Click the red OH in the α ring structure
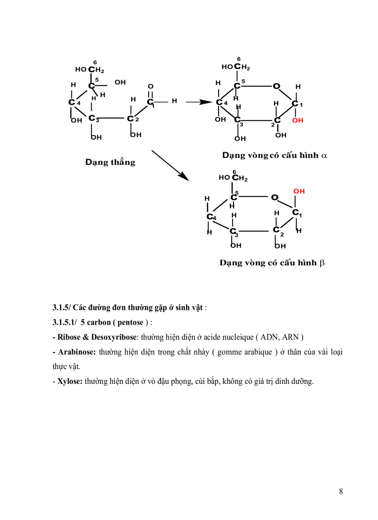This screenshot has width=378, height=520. click(x=298, y=120)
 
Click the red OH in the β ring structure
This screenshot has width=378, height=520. click(x=299, y=191)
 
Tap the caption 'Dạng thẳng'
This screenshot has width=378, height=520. click(x=110, y=162)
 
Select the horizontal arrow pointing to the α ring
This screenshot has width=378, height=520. click(x=199, y=102)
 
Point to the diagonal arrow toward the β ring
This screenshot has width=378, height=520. click(x=170, y=165)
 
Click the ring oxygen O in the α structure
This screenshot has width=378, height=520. click(x=277, y=86)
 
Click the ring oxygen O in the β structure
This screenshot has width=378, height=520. click(x=274, y=198)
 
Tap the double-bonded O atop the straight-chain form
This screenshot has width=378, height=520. click(x=151, y=87)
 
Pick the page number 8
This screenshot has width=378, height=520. click(x=340, y=491)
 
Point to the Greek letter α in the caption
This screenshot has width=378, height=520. click(x=324, y=156)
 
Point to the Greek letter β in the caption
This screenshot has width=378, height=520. click(x=322, y=263)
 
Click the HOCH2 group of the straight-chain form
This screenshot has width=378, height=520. click(x=90, y=70)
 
